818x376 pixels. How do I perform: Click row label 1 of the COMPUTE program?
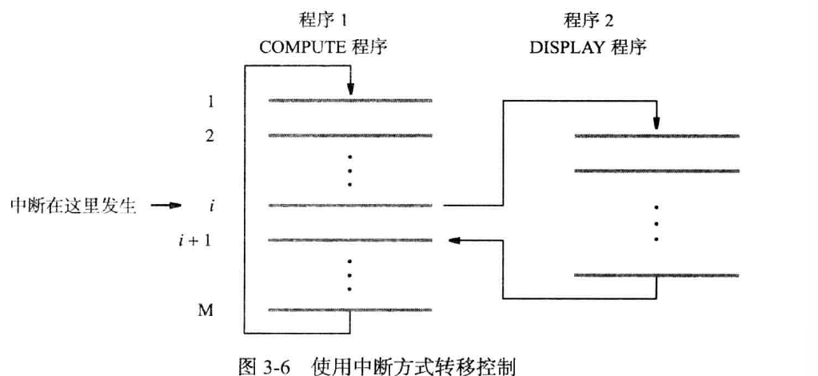tap(209, 102)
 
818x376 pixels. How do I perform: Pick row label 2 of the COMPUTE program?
tap(209, 136)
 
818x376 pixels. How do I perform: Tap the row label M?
tap(206, 310)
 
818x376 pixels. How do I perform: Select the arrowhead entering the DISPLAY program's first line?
tap(656, 124)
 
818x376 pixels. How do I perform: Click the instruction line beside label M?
tap(350, 310)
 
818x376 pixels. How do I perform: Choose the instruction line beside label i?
tap(350, 206)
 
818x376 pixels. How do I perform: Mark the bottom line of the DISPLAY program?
tap(656, 275)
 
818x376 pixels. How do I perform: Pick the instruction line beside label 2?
tap(350, 136)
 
